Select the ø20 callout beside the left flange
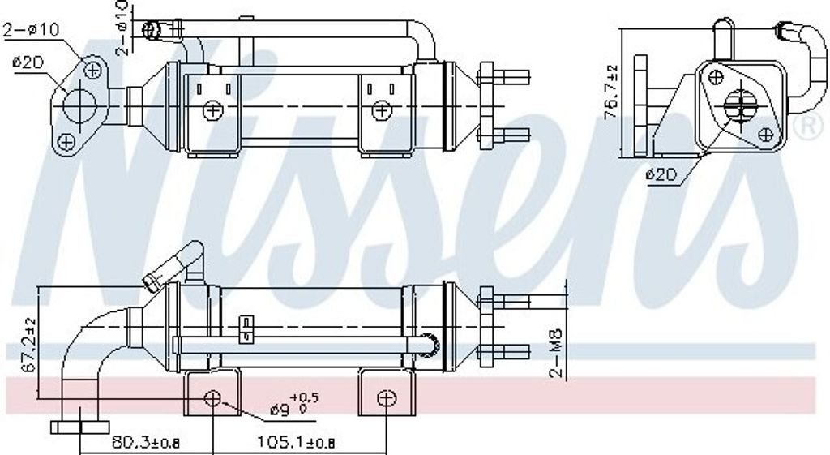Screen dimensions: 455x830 28,62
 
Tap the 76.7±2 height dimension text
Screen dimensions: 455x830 611,92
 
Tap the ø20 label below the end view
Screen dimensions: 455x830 660,174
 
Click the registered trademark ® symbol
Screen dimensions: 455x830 808,127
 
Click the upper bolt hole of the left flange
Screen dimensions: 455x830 92,70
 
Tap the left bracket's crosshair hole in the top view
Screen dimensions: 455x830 212,109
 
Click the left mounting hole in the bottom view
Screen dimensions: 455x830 212,398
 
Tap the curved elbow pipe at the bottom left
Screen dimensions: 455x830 89,349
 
